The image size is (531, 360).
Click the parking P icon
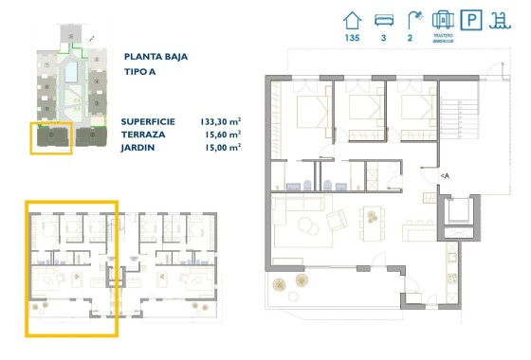[471, 19]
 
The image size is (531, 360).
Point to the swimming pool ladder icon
[500, 19]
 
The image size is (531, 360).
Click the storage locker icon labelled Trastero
[442, 19]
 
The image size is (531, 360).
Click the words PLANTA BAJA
[156, 57]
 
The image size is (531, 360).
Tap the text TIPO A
[140, 72]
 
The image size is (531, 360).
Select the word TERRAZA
[144, 135]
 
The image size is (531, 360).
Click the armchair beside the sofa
[338, 221]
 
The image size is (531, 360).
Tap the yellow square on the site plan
[50, 138]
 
